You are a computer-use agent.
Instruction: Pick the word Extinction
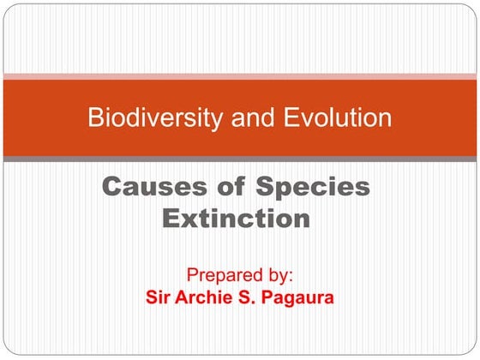236,219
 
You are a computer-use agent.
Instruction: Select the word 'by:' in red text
277,276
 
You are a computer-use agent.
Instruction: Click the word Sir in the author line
159,299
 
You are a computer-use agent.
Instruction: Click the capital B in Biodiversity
95,117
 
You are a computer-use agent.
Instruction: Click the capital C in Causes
112,187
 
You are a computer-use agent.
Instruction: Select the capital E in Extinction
171,219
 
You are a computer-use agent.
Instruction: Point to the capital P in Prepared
191,276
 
